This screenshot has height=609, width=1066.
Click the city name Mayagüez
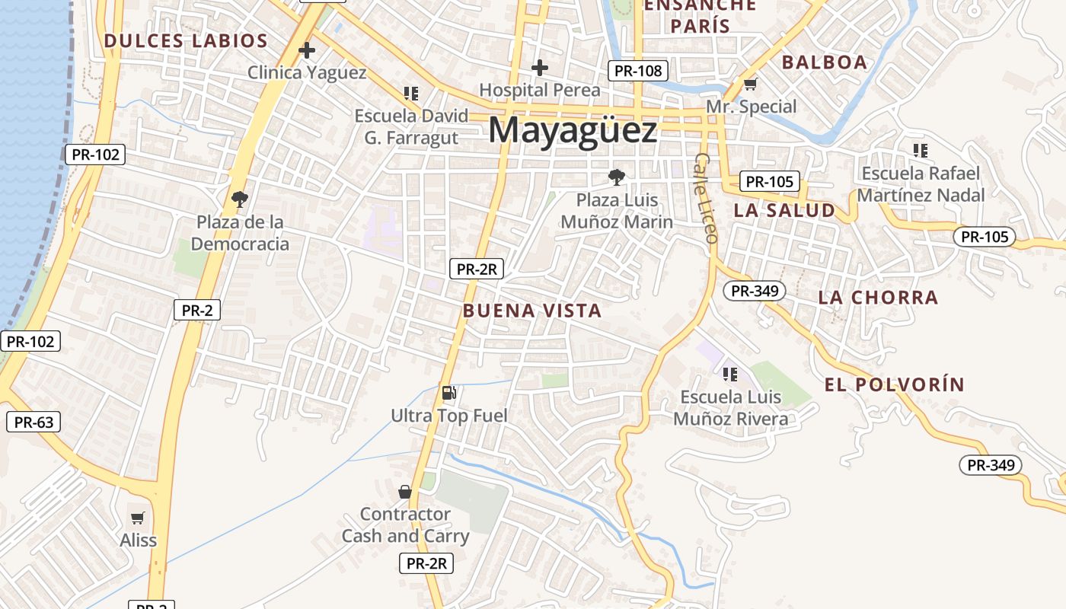(573, 131)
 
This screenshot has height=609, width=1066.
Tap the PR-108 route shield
(638, 72)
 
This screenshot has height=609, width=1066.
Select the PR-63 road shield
(34, 422)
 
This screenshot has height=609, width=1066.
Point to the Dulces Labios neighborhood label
(186, 41)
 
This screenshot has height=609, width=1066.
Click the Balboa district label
(825, 62)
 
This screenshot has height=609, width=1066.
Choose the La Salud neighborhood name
(784, 211)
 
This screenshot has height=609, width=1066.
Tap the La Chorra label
(878, 298)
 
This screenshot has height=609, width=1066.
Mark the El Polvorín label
(894, 384)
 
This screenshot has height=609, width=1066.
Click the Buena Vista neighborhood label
(532, 311)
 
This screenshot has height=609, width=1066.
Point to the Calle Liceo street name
(707, 198)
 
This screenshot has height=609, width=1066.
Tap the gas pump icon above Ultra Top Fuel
(449, 393)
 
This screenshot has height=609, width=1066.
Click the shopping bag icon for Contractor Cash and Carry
(405, 492)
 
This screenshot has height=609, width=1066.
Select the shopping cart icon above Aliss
(138, 518)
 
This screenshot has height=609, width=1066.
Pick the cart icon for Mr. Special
(751, 84)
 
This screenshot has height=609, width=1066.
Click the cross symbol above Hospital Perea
(540, 68)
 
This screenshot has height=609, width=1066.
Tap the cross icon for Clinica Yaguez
(307, 51)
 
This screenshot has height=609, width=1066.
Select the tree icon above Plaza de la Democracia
(240, 199)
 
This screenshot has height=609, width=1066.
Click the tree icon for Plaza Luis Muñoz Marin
(617, 177)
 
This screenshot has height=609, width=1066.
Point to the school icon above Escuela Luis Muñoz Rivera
(730, 374)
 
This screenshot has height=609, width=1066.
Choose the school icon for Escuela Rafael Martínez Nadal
(921, 151)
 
